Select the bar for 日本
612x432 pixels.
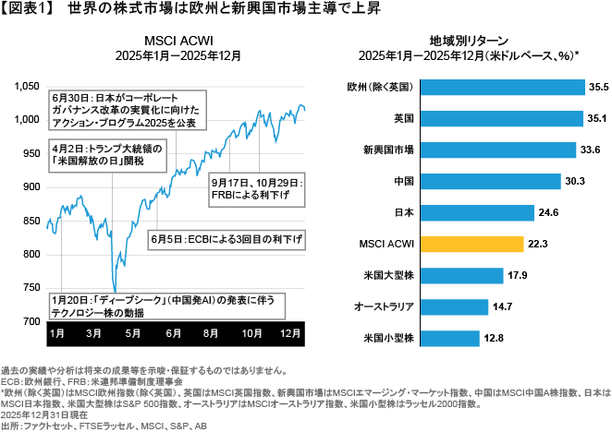(x=479, y=212)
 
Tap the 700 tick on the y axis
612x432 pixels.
(x=31, y=320)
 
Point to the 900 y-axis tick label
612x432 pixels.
(x=31, y=186)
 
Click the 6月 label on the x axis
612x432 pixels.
(x=173, y=332)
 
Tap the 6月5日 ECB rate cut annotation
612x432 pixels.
(x=226, y=239)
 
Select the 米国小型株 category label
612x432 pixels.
(x=392, y=338)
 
